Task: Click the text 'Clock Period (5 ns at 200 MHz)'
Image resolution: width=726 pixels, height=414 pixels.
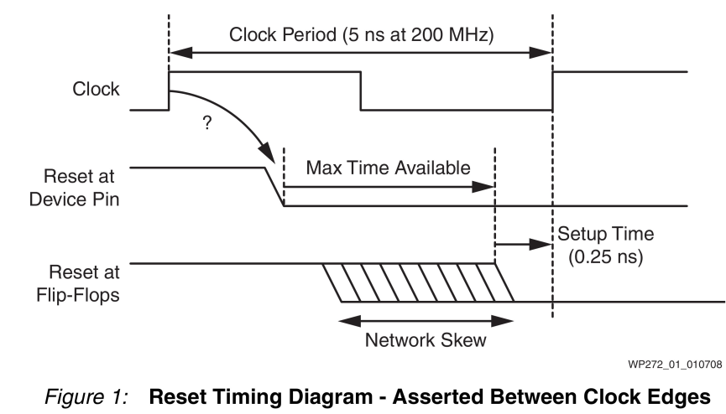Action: (x=361, y=36)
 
